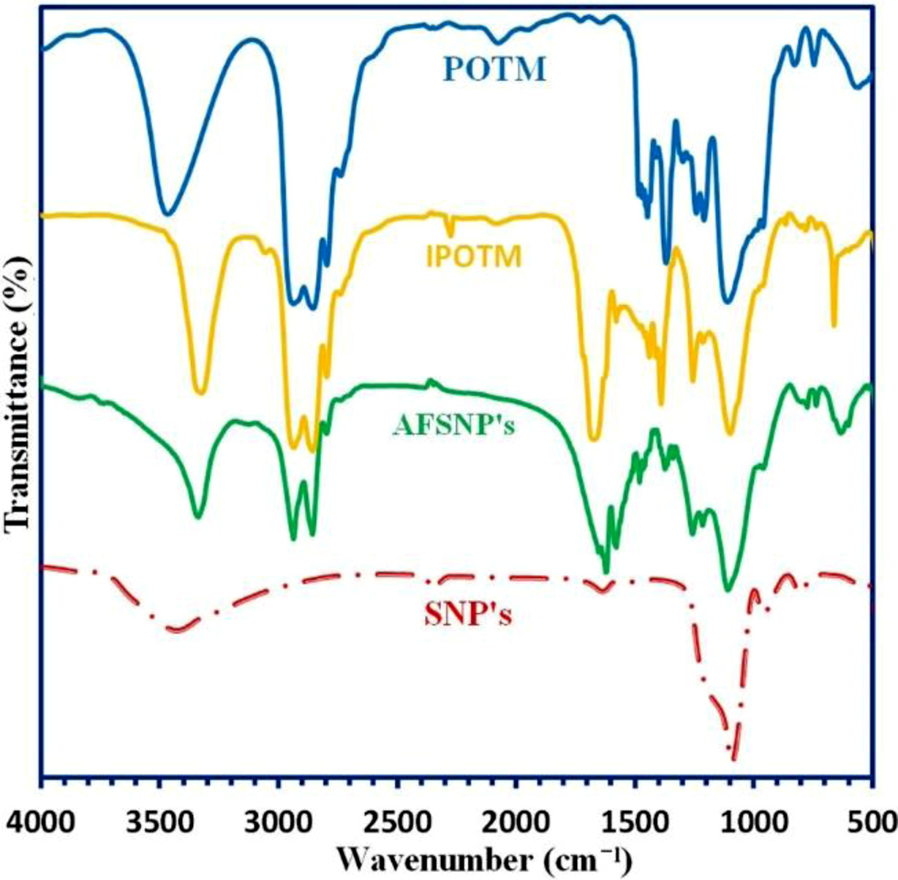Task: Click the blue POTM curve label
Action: [495, 69]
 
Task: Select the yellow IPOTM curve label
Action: [474, 257]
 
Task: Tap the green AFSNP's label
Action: [453, 425]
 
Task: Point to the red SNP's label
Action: [468, 615]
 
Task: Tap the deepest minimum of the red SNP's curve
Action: [734, 759]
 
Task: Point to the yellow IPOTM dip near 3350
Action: [200, 392]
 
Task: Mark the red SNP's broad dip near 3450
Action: [176, 628]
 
